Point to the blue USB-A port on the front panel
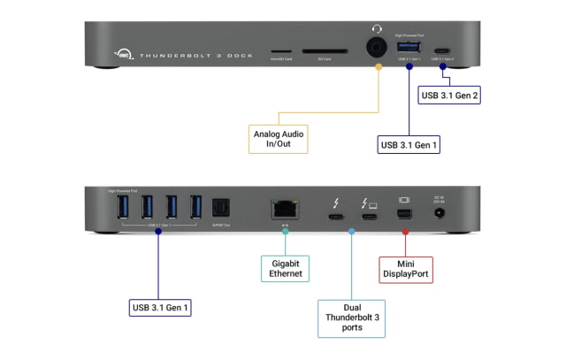(x=409, y=46)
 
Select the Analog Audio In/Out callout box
(x=278, y=139)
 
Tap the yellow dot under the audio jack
(x=379, y=66)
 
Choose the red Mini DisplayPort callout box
(x=406, y=268)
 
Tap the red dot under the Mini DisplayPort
(x=406, y=232)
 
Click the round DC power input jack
(x=458, y=213)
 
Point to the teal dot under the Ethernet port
(x=284, y=232)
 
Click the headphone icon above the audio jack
(x=378, y=29)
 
